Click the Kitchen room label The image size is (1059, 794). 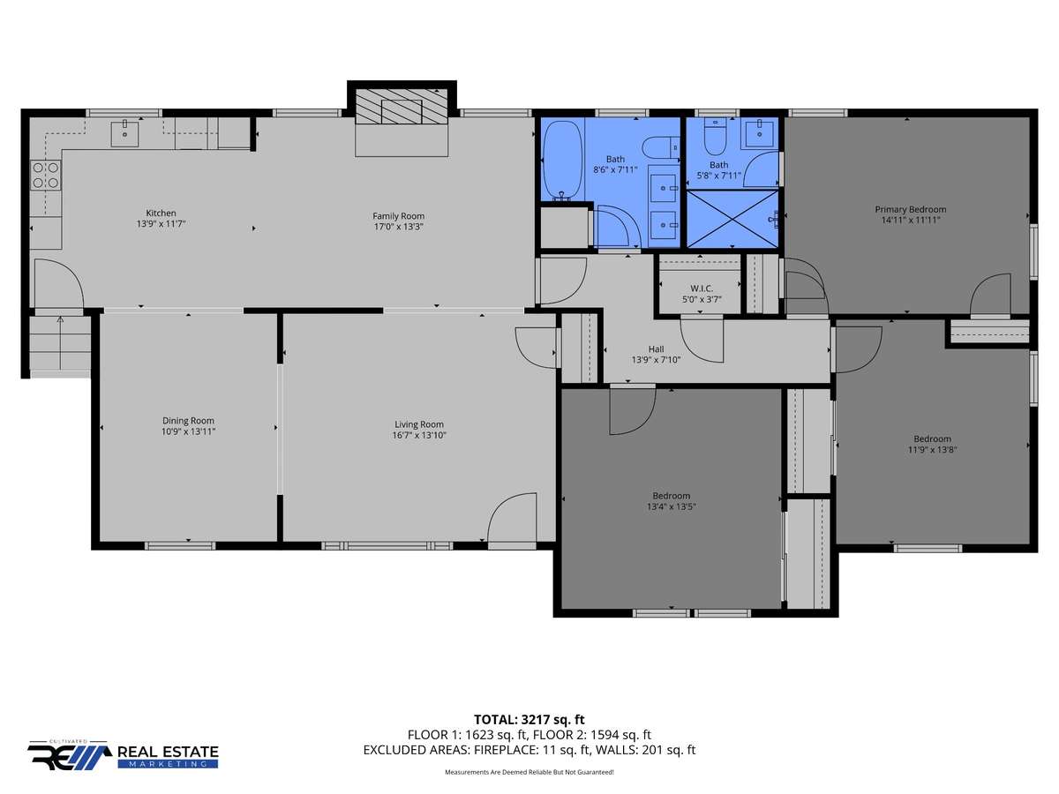tap(161, 213)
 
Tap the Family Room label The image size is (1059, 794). tap(399, 216)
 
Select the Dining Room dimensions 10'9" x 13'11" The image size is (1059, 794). tap(188, 431)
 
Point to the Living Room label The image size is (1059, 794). tap(419, 424)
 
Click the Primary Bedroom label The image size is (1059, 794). tap(911, 209)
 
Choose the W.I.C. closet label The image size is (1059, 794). tap(702, 288)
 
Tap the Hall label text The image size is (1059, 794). tap(657, 348)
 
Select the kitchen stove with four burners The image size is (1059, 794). tap(46, 176)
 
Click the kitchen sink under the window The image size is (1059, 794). tap(124, 133)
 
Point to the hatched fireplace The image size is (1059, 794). tap(402, 106)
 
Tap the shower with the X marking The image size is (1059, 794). tap(732, 219)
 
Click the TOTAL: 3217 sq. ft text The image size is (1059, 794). tap(529, 719)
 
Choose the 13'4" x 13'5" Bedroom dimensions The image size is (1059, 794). tap(671, 506)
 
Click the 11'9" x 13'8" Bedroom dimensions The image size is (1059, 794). tap(932, 450)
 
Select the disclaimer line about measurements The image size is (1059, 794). tap(529, 772)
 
